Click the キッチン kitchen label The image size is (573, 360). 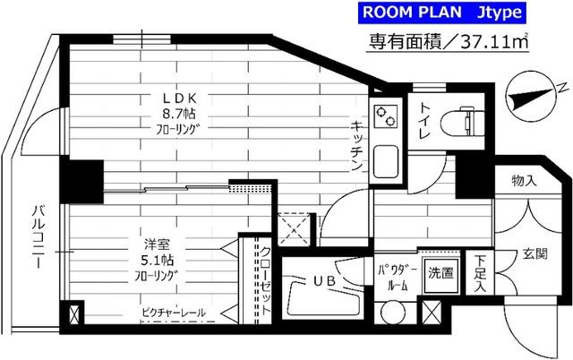[x=355, y=147]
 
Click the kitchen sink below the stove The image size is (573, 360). [x=388, y=161]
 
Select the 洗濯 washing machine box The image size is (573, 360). [x=440, y=272]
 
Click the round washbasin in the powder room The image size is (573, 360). [x=391, y=314]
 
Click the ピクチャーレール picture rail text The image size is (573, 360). [x=174, y=313]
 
